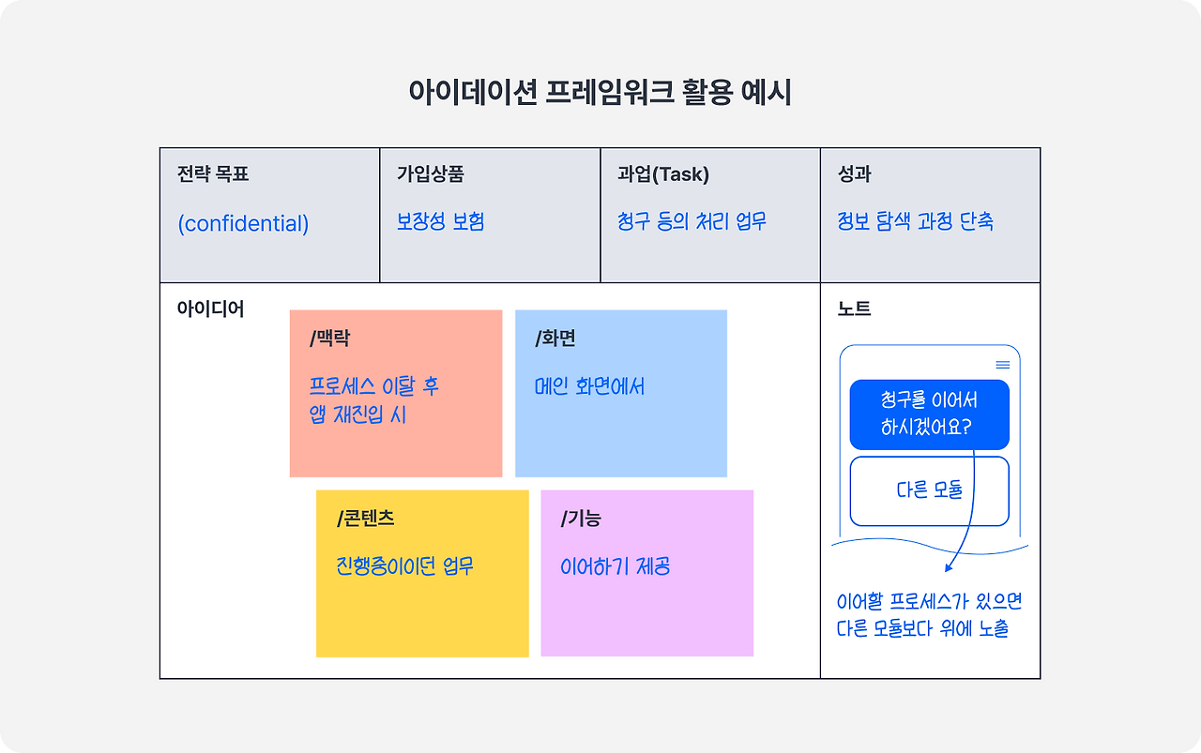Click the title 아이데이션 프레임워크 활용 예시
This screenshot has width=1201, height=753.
click(x=600, y=93)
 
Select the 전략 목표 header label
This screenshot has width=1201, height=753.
click(x=213, y=174)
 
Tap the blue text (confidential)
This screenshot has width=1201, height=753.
click(x=243, y=223)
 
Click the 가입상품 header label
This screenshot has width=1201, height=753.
click(x=431, y=174)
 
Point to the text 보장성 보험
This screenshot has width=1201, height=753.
click(x=440, y=222)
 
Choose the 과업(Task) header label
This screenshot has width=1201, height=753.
click(x=663, y=174)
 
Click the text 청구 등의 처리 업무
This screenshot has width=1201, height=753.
click(x=692, y=222)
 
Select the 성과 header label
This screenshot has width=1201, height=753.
click(x=855, y=174)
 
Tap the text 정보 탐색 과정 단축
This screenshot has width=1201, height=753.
click(x=915, y=222)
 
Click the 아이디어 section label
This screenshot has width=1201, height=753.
click(x=210, y=309)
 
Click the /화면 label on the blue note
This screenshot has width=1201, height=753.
click(x=555, y=339)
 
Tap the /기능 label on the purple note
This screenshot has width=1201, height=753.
click(x=581, y=519)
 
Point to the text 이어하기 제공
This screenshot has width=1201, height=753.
click(x=615, y=566)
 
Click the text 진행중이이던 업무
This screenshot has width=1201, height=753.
click(x=404, y=566)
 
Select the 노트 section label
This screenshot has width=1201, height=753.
click(x=854, y=309)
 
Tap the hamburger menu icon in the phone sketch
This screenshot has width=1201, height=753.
click(x=1003, y=365)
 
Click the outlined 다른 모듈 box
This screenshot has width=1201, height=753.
click(x=929, y=490)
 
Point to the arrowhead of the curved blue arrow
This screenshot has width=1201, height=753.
click(x=949, y=566)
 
